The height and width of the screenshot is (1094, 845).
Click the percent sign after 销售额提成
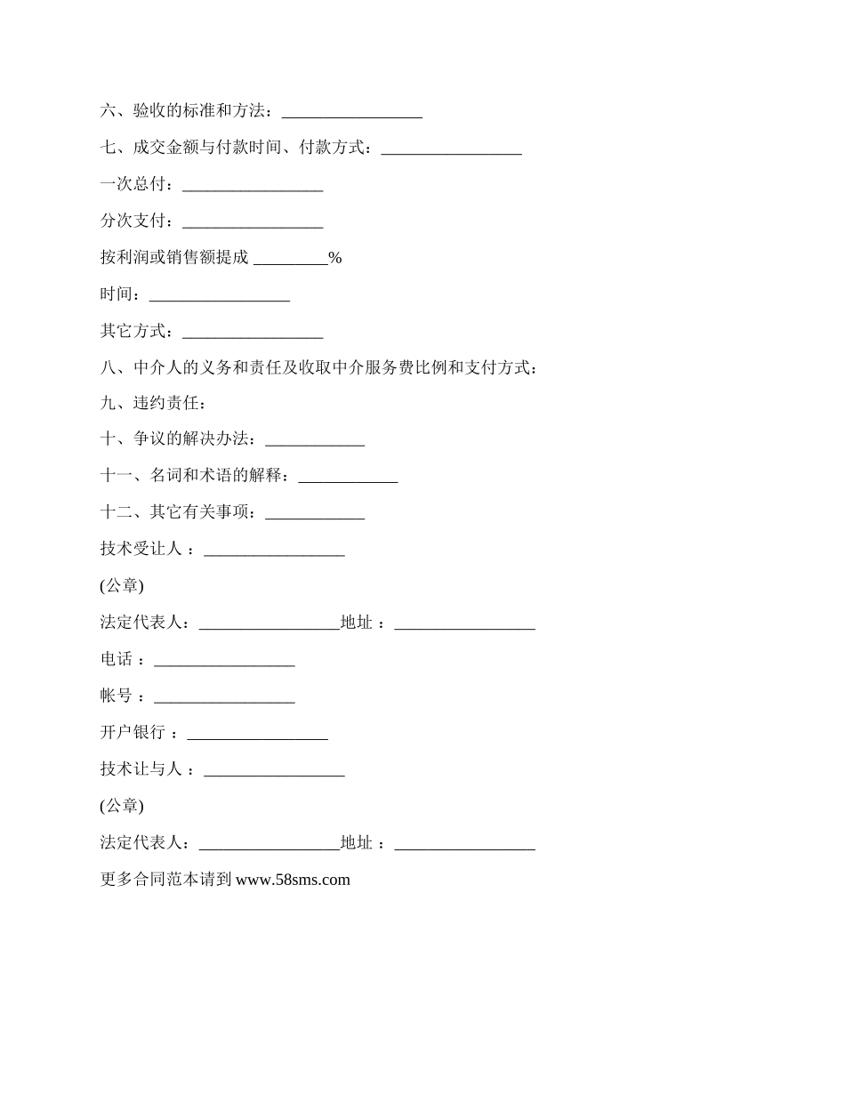pos(335,258)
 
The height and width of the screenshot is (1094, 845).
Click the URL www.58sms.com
pos(293,880)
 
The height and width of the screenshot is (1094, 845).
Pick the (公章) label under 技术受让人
pos(122,586)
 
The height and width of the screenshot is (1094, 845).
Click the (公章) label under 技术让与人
pos(122,806)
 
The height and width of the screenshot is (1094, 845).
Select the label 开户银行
pos(133,732)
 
